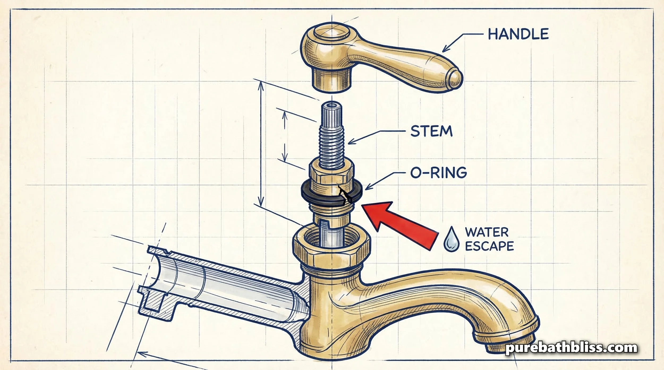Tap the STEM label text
(x=431, y=131)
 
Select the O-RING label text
(x=439, y=173)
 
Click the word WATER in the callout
(x=487, y=232)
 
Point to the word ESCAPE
(x=490, y=246)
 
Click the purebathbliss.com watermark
(x=571, y=348)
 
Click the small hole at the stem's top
(x=331, y=106)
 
